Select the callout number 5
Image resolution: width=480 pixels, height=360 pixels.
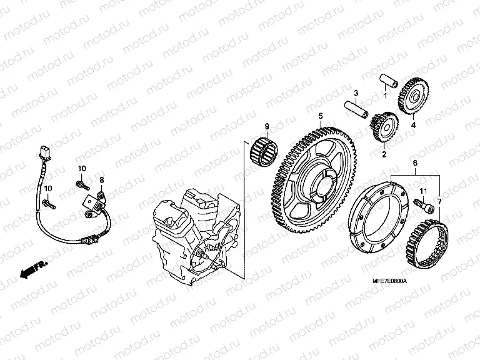pyautogui.click(x=320, y=116)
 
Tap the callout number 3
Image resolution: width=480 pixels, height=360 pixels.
pyautogui.click(x=355, y=94)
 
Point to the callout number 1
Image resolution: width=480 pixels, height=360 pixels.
pyautogui.click(x=386, y=96)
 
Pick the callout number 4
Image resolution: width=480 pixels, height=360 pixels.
pyautogui.click(x=412, y=124)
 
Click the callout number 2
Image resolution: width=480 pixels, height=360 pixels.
pyautogui.click(x=384, y=153)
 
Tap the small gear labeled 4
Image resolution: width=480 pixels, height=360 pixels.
pyautogui.click(x=412, y=92)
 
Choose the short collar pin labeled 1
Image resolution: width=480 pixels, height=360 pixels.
pyautogui.click(x=391, y=82)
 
